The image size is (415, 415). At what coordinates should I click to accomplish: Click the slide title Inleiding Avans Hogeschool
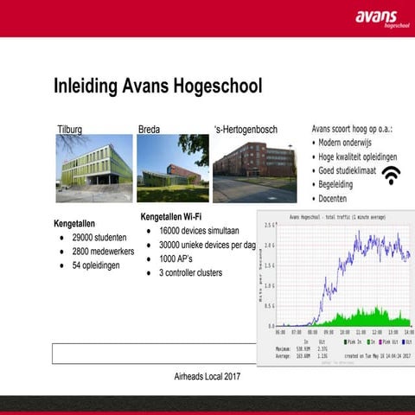157,86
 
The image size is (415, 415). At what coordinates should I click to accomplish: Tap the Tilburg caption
69,130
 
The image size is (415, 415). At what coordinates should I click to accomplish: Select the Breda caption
149,130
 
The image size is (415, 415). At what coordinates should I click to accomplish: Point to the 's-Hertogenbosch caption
246,130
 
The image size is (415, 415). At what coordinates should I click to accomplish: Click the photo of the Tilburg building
94,168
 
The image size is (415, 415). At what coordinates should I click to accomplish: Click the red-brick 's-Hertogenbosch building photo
254,168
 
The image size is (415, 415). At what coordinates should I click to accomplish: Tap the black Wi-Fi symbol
392,176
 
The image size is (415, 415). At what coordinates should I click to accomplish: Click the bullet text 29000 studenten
99,237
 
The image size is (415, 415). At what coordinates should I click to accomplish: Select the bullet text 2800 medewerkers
104,251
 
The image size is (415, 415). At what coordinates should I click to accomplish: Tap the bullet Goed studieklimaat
349,170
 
